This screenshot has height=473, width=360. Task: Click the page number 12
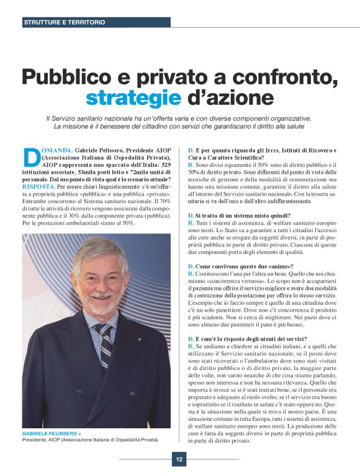point(179,460)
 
